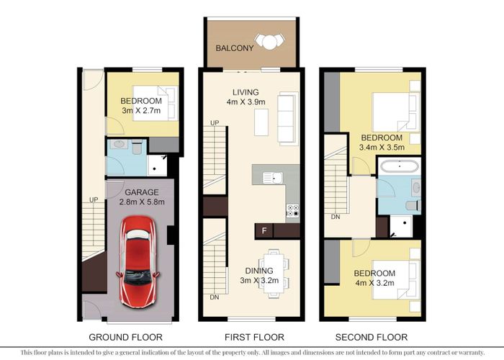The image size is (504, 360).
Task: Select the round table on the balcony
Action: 269,42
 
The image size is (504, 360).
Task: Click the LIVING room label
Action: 246,91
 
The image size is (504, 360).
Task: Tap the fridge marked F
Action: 264,231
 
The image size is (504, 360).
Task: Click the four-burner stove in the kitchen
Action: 294,211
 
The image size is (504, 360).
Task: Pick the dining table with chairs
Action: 274,273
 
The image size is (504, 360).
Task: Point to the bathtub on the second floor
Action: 397,168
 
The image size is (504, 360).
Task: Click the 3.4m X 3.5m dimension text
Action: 382,148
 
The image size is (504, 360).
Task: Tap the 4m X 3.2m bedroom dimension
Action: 374,284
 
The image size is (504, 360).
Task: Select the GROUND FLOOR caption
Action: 125,337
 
